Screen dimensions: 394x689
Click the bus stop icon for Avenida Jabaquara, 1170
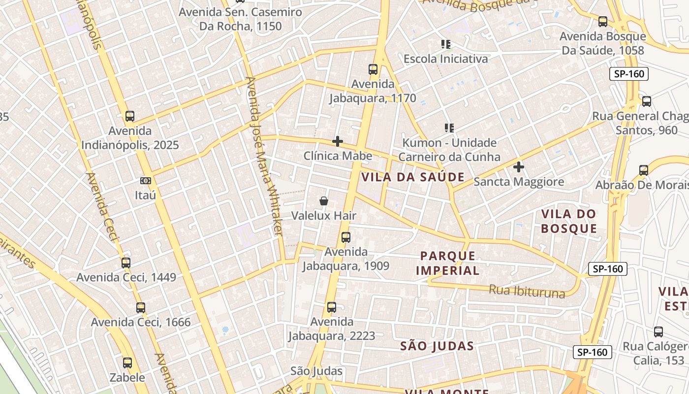pos(373,69)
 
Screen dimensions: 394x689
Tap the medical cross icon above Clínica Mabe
pos(338,141)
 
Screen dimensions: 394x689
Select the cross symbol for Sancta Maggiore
pos(519,167)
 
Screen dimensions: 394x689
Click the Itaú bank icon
pos(145,181)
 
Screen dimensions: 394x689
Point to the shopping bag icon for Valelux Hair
pos(324,201)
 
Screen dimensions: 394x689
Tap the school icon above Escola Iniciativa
pos(446,44)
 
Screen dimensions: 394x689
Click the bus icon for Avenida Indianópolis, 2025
pos(130,116)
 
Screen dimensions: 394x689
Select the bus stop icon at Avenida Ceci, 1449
pos(126,263)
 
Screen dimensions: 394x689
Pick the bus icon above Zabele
pos(127,363)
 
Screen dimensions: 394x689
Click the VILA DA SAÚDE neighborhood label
pos(413,177)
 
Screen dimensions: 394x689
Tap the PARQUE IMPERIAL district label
pos(448,263)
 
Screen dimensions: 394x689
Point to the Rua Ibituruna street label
pos(527,291)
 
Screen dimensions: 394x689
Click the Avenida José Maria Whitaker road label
pos(265,156)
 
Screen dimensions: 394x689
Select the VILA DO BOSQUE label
pos(569,221)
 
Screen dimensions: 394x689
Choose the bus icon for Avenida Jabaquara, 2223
pos(332,307)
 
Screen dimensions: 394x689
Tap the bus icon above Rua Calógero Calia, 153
pos(658,332)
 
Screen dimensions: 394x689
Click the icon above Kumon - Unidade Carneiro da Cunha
pos(449,128)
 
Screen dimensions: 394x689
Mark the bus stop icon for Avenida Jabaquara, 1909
pos(346,237)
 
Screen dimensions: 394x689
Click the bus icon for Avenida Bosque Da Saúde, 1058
pos(603,22)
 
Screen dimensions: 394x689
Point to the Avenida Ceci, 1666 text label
pos(141,323)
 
